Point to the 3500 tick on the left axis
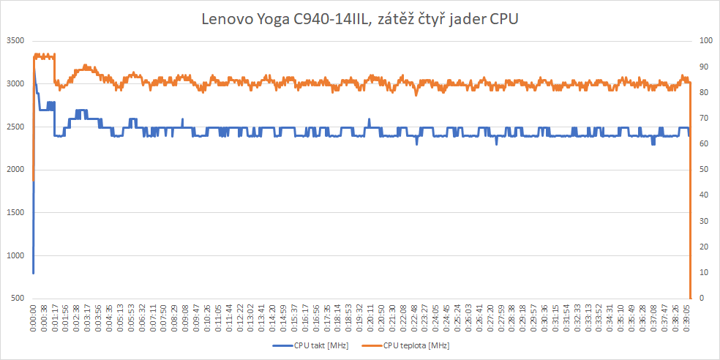tap(15, 41)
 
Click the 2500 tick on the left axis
tap(15, 127)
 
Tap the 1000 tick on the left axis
tap(15, 256)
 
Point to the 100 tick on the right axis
tap(703, 41)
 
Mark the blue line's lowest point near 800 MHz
tap(34, 272)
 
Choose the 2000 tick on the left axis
tap(15, 170)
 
